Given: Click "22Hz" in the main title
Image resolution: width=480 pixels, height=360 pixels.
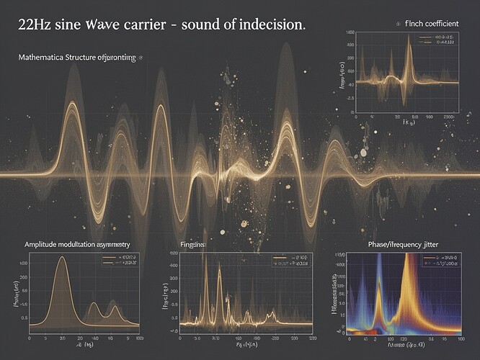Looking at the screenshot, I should [x=31, y=24].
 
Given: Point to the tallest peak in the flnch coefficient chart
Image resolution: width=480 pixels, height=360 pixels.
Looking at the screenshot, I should [x=409, y=39].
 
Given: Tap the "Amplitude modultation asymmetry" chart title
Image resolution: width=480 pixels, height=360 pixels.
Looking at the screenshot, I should [x=83, y=246].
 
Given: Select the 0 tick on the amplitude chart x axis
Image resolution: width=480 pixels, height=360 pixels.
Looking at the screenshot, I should [x=30, y=337].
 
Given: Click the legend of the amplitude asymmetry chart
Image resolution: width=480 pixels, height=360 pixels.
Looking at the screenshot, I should [x=118, y=260].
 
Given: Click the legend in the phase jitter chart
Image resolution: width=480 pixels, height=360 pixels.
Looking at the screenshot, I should [x=440, y=260].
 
